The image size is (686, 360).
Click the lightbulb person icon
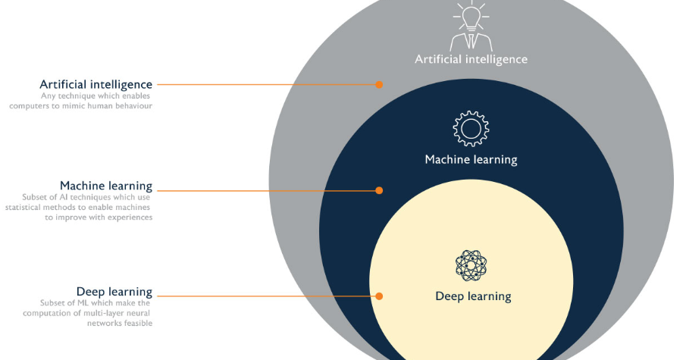point(471,26)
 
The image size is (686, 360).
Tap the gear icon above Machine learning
point(471,129)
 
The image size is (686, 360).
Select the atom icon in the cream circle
point(471,265)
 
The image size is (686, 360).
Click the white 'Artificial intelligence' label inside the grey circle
point(471,59)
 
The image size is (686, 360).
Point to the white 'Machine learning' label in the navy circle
point(471,160)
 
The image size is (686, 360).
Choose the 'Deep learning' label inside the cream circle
point(473,296)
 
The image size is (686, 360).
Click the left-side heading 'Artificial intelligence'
point(96,84)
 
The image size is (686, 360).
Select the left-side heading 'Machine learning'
point(106,186)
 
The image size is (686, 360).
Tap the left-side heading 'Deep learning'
point(114,292)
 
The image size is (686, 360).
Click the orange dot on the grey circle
point(379,85)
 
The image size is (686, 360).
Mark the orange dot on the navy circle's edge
point(379,190)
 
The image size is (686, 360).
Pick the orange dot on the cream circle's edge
point(379,296)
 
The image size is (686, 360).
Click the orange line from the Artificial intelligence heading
point(265,85)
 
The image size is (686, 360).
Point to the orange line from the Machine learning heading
point(265,190)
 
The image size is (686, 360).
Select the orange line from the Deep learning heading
point(265,296)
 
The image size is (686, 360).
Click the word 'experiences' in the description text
point(128,218)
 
